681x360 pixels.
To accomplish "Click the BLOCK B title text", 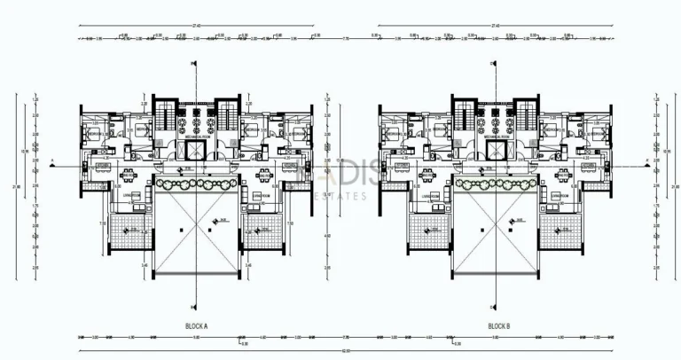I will click(x=500, y=326).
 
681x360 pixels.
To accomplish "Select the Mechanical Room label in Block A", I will click(x=196, y=138).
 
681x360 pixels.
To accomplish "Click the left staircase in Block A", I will click(x=166, y=114).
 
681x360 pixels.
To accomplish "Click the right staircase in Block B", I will click(x=526, y=114).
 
